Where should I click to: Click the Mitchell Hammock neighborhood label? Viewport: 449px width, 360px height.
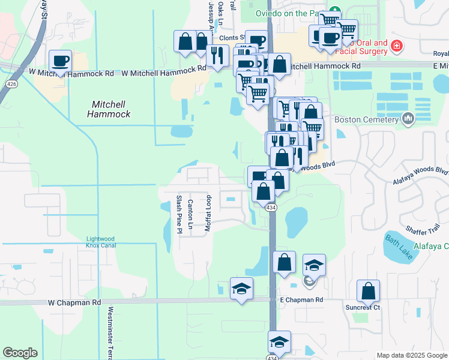click(x=109, y=109)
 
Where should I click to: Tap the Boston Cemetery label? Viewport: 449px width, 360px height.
click(x=366, y=119)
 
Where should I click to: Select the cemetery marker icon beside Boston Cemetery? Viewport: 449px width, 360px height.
click(x=409, y=119)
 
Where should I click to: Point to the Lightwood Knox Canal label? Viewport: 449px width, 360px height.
click(x=100, y=242)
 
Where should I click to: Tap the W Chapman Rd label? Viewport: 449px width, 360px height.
click(x=74, y=303)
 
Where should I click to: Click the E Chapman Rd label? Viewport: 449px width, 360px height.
click(x=301, y=299)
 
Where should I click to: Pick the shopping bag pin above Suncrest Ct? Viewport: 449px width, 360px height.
click(x=368, y=291)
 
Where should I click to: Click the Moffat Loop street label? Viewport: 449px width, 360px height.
click(x=208, y=213)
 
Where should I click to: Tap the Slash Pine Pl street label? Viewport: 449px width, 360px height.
click(x=178, y=214)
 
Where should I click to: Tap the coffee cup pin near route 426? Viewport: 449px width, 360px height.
click(x=60, y=61)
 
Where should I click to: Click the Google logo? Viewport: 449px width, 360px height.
click(x=20, y=353)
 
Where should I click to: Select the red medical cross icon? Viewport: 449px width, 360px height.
click(x=396, y=46)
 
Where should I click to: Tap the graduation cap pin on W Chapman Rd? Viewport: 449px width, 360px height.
click(x=241, y=289)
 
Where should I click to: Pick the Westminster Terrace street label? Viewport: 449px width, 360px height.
click(x=110, y=333)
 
